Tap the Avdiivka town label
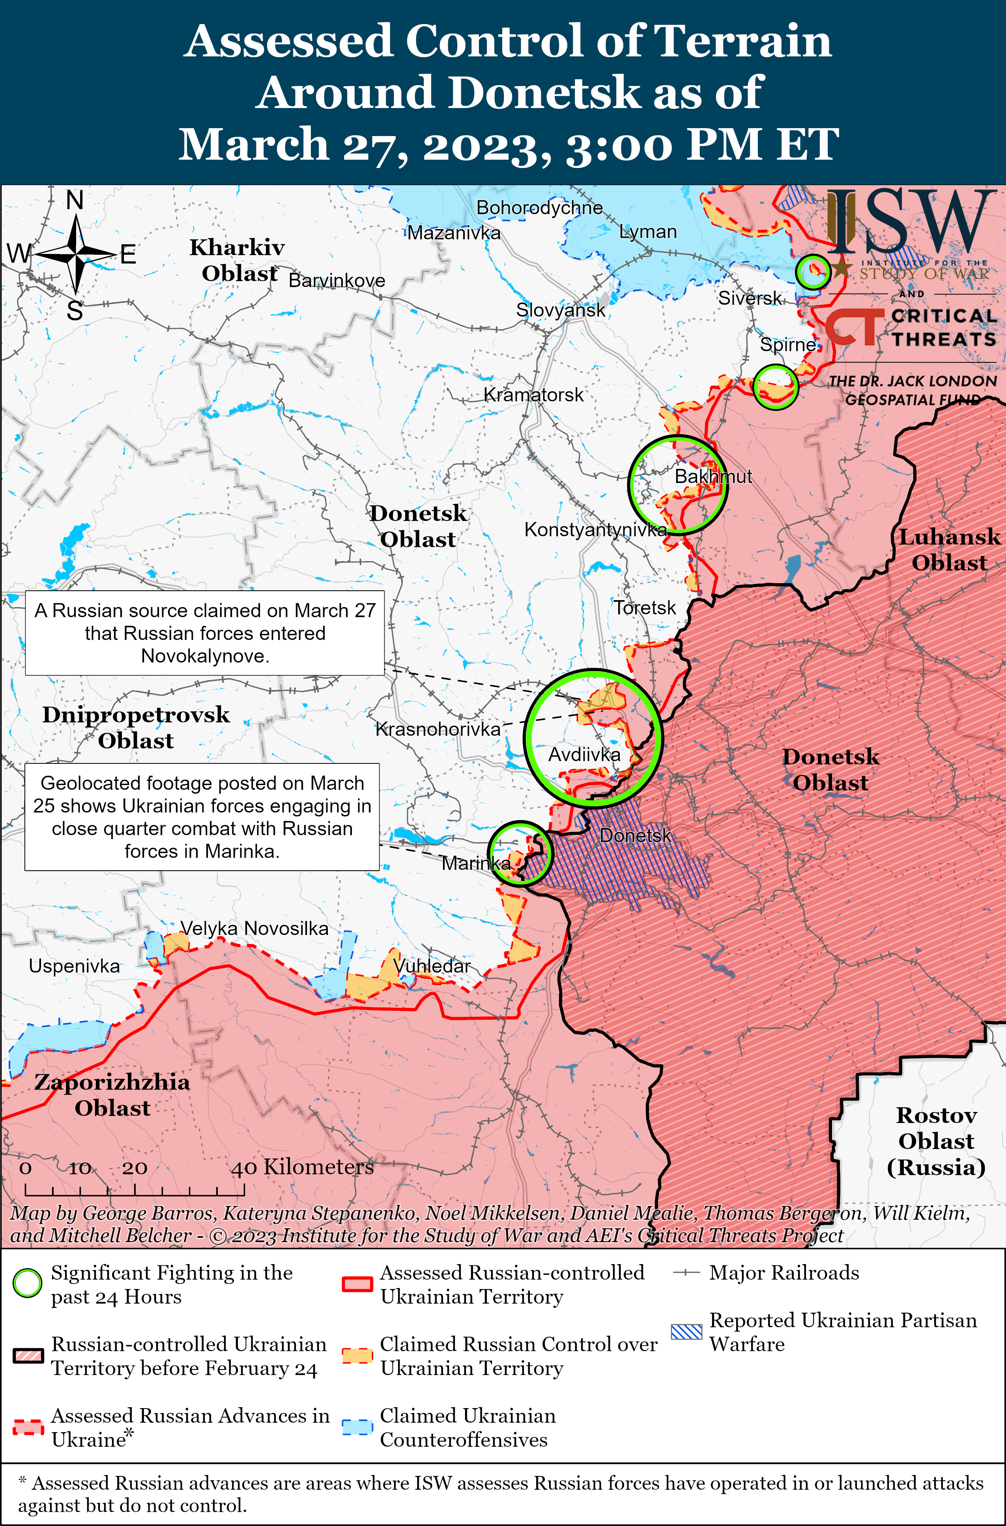pyautogui.click(x=584, y=755)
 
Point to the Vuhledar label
pyautogui.click(x=431, y=966)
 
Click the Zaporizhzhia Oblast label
pyautogui.click(x=112, y=1095)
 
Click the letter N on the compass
pyautogui.click(x=75, y=201)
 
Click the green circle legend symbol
pyautogui.click(x=28, y=1283)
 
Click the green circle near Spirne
pyautogui.click(x=775, y=387)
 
